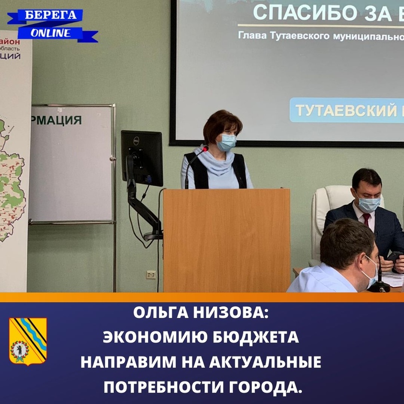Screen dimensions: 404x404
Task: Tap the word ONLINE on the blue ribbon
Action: [51, 33]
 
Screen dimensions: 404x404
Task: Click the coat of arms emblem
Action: [28, 340]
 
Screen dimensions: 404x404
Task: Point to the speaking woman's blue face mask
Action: [226, 143]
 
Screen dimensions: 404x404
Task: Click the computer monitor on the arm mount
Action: [142, 158]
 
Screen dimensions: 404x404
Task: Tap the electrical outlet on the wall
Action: [151, 274]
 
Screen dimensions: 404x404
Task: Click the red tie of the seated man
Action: [366, 219]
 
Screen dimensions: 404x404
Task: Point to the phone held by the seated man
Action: [394, 257]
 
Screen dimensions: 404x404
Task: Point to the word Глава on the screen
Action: [254, 36]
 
